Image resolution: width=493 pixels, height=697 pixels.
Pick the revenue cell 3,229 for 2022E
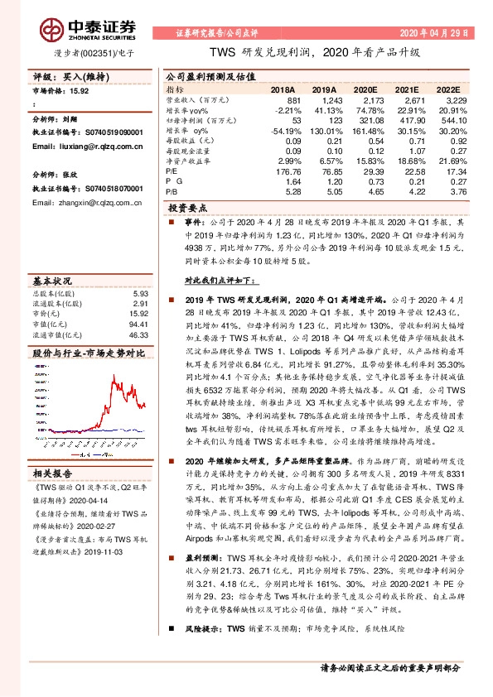pyautogui.click(x=446, y=99)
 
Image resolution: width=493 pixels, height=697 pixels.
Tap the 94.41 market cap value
pyautogui.click(x=138, y=325)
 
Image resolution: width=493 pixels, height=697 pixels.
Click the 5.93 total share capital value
pyautogui.click(x=140, y=293)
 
